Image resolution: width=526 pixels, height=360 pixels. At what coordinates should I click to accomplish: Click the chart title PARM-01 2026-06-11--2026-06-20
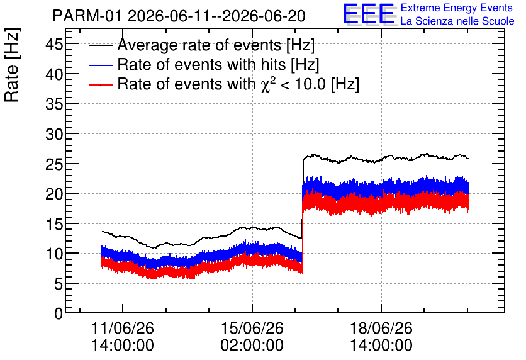coord(179,16)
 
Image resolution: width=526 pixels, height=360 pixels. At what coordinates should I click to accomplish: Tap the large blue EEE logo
coord(369,14)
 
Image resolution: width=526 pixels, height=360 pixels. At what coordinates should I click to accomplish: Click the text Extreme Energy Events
coord(457,8)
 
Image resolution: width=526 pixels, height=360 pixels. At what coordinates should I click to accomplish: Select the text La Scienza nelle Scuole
coord(457,21)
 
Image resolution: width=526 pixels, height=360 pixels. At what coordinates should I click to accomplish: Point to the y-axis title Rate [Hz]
coord(12,65)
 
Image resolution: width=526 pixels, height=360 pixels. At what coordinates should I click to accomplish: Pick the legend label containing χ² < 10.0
coord(238,84)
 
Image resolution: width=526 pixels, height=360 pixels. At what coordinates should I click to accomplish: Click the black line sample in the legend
coord(100,45)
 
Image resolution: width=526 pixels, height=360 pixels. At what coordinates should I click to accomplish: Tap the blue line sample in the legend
coord(100,65)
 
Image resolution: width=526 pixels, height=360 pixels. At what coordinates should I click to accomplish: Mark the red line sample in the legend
coord(100,84)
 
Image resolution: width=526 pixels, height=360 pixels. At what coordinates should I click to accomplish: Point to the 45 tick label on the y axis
coord(54,44)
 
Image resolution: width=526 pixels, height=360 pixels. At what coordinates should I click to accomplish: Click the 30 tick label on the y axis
coord(54,134)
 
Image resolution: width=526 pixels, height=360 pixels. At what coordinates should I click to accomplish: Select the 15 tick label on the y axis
coord(54,224)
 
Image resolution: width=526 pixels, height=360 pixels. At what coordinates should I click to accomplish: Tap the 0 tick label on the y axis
coord(59,313)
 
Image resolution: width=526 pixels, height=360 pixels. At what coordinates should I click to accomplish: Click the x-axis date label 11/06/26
coord(123,328)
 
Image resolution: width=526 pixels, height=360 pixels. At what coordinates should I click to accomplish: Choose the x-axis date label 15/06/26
coord(252,328)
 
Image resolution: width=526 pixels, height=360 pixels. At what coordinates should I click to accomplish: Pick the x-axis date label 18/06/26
coord(381,328)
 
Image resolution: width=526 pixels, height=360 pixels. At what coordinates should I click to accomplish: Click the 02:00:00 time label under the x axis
coord(252,346)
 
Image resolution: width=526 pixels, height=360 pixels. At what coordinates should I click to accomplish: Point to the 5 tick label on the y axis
coord(59,283)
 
